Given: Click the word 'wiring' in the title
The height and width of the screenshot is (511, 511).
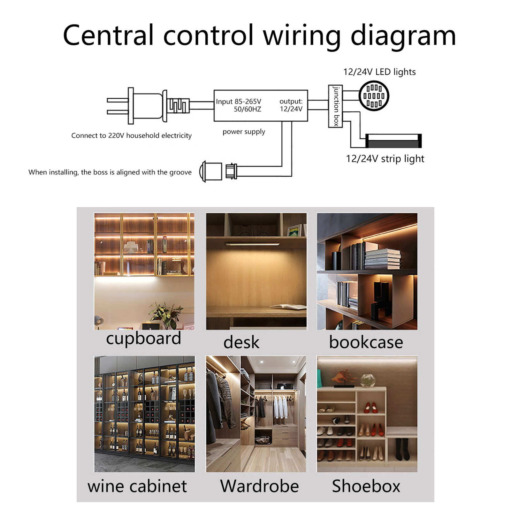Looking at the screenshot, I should pyautogui.click(x=302, y=36).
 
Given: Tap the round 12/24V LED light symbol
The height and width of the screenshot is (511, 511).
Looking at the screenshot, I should pyautogui.click(x=374, y=96).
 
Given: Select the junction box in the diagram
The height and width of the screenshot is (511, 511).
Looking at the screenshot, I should pyautogui.click(x=335, y=106).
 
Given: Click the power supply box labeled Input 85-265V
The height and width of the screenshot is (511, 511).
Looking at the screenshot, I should pyautogui.click(x=260, y=105).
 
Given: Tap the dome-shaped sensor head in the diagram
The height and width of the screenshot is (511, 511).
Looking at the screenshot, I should pyautogui.click(x=211, y=171).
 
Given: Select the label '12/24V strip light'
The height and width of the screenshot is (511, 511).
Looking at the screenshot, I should pyautogui.click(x=385, y=159).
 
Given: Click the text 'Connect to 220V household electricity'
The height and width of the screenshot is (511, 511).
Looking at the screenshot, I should pyautogui.click(x=131, y=135).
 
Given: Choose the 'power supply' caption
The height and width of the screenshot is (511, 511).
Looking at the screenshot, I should pyautogui.click(x=244, y=132).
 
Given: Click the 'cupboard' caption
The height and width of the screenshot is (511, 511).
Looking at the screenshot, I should pyautogui.click(x=143, y=339).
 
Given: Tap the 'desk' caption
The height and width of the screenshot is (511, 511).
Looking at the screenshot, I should pyautogui.click(x=241, y=342).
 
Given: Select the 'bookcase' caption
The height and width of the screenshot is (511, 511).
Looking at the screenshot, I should pyautogui.click(x=366, y=342).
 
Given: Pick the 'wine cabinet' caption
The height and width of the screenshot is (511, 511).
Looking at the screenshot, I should pyautogui.click(x=137, y=486).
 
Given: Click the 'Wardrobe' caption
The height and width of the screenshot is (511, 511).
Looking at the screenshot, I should pyautogui.click(x=259, y=486).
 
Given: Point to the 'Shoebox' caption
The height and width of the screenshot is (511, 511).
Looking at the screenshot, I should pyautogui.click(x=366, y=486).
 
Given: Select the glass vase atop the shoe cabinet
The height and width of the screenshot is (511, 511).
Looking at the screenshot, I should pyautogui.click(x=368, y=380).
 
